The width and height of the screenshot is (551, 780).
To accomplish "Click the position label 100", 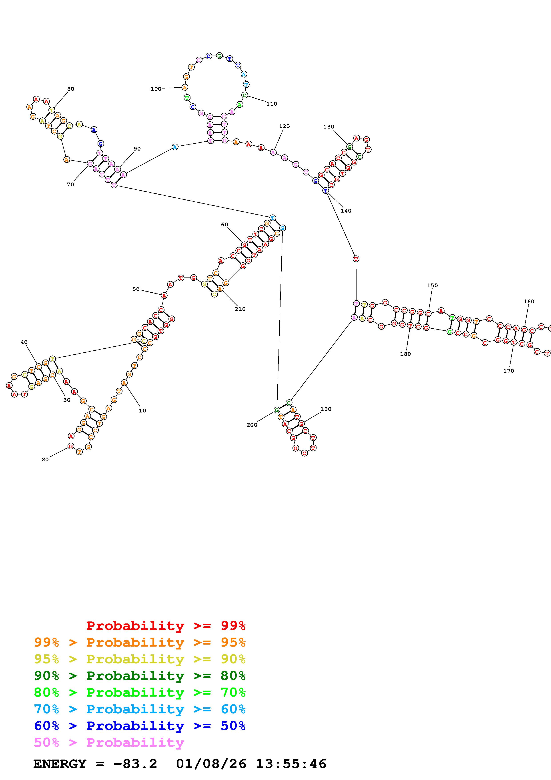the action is [x=156, y=89].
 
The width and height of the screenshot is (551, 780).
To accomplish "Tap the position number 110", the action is [x=272, y=104].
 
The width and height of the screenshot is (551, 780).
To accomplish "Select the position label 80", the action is [x=71, y=89].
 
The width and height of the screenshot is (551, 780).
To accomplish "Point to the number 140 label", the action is [x=346, y=211].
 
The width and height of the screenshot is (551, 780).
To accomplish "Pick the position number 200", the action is [x=252, y=425].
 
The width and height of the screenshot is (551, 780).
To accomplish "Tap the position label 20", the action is [x=45, y=459].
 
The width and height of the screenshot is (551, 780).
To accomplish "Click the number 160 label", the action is [x=529, y=301].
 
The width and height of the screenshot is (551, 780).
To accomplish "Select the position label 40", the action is [x=24, y=342].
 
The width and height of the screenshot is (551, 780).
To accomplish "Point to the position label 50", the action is [x=136, y=289].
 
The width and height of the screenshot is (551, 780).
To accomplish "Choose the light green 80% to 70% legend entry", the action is [x=140, y=692].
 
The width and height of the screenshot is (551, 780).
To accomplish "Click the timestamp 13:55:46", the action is [x=291, y=764].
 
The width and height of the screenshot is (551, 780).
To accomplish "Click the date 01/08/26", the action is [x=211, y=764].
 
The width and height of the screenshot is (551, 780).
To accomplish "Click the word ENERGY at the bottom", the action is [x=60, y=764].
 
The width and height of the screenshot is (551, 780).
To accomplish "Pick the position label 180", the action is [x=405, y=354].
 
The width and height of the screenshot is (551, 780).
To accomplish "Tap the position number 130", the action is [x=329, y=127].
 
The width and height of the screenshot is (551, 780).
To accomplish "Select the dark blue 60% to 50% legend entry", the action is [x=140, y=726].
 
